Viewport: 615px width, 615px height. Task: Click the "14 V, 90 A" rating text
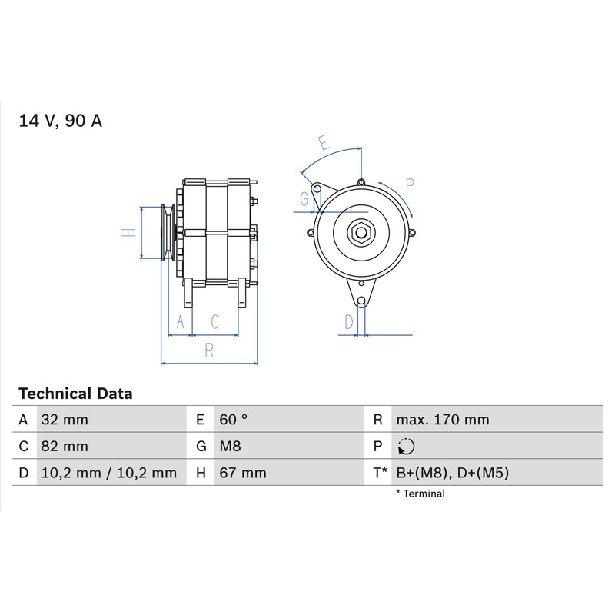click(61, 121)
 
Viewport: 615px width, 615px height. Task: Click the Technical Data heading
click(75, 394)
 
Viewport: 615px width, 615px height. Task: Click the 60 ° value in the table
click(234, 420)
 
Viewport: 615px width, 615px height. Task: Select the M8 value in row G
click(230, 447)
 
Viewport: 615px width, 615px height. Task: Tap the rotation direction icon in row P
click(406, 447)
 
